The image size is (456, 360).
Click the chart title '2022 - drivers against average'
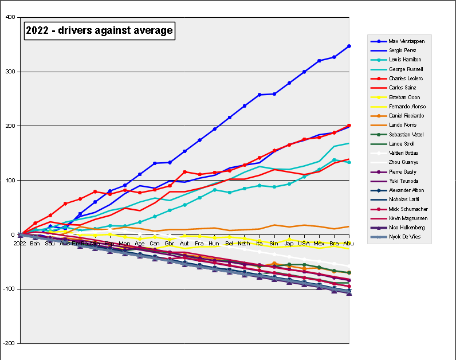coord(99,31)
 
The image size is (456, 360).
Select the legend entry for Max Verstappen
coord(406,41)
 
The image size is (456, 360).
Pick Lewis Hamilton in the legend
coord(404,60)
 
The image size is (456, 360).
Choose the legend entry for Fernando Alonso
coord(406,107)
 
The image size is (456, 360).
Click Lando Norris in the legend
coord(403,125)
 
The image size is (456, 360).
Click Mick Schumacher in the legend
coord(408,209)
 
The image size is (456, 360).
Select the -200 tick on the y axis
coord(9,343)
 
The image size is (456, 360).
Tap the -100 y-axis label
coord(9,289)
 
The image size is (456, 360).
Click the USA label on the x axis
coord(304,243)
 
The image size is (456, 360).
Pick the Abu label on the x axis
coord(348,243)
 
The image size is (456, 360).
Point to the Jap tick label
coord(289,243)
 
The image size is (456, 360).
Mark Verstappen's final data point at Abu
coord(349,46)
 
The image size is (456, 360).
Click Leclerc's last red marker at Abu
coord(349,126)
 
